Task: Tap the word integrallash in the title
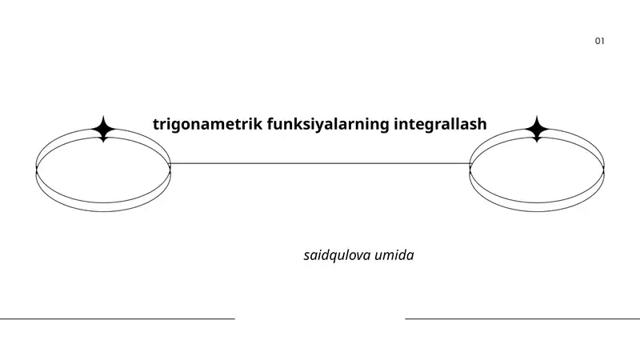click(440, 125)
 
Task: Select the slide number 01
click(600, 41)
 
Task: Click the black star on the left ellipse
click(103, 129)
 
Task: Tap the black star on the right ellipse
click(537, 129)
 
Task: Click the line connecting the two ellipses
click(320, 163)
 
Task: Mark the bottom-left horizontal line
click(117, 318)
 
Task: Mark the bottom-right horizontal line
click(522, 318)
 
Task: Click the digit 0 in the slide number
click(598, 41)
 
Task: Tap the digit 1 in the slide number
click(603, 41)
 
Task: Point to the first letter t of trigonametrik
click(156, 125)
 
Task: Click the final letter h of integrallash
click(482, 124)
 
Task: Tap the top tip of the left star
click(103, 116)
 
